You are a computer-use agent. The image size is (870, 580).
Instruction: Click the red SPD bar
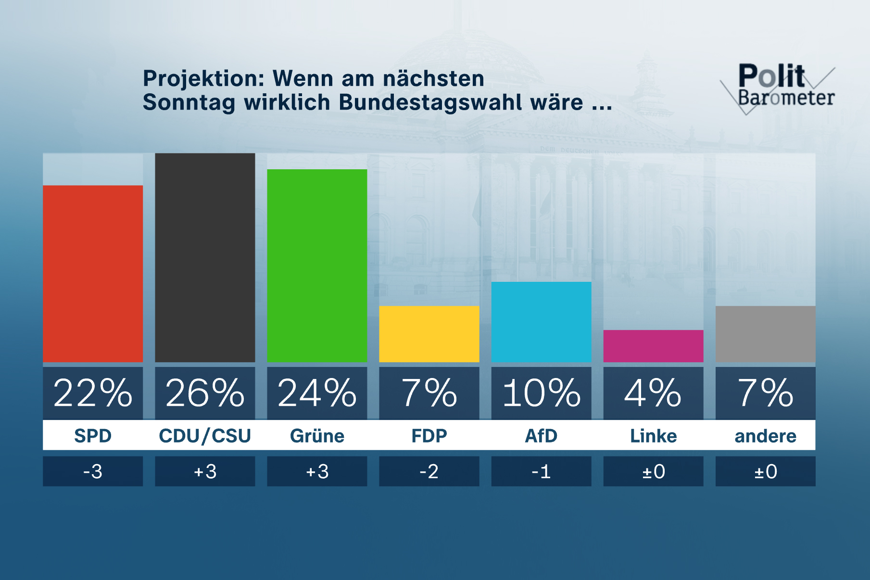(93, 274)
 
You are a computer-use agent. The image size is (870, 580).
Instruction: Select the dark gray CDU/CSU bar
(205, 258)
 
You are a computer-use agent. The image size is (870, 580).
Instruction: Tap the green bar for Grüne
(317, 265)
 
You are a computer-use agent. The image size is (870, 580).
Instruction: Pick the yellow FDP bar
(429, 334)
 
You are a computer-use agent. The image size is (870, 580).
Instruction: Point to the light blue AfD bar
(541, 322)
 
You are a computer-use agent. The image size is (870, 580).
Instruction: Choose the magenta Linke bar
(653, 346)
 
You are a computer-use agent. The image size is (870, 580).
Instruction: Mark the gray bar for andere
(765, 334)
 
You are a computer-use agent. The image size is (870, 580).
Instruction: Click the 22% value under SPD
(93, 393)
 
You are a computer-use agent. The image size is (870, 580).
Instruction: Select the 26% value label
(205, 393)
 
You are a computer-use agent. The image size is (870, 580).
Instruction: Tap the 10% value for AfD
(541, 393)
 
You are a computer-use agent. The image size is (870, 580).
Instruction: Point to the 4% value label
(653, 393)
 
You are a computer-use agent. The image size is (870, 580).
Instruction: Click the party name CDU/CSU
(205, 436)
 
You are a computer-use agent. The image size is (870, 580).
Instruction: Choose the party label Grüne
(317, 436)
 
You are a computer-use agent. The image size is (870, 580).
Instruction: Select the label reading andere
(765, 436)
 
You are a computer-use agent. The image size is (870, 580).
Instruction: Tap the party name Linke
(653, 436)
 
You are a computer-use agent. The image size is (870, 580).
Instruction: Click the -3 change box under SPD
(93, 471)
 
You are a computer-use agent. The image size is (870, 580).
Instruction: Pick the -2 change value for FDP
(429, 471)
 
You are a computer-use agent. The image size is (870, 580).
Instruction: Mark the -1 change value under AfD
(541, 471)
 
